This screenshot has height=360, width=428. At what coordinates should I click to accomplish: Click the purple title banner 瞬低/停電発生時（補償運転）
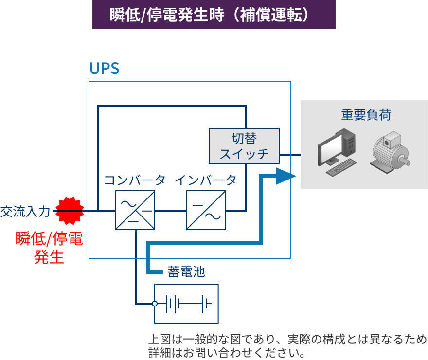point(214,15)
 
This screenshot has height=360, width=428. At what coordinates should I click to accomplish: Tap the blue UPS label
point(104,69)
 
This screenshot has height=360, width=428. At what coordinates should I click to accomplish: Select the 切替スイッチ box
point(244,146)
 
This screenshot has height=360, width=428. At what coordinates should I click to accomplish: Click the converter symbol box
point(135,210)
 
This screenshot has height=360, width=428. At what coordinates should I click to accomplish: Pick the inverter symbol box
point(206,210)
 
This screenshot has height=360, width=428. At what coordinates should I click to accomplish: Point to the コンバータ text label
point(135,180)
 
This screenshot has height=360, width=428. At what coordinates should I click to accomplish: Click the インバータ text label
point(206,180)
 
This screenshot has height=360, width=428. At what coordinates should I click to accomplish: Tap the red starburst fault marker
point(70,211)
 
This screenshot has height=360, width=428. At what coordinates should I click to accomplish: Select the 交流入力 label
point(25,211)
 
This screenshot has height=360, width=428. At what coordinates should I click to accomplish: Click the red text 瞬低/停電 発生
point(49,248)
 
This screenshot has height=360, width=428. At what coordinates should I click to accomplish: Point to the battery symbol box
point(186,304)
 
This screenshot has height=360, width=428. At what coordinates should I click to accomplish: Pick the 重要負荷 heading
point(366,115)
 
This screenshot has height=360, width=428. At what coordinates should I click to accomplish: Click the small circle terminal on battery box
point(155,304)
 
